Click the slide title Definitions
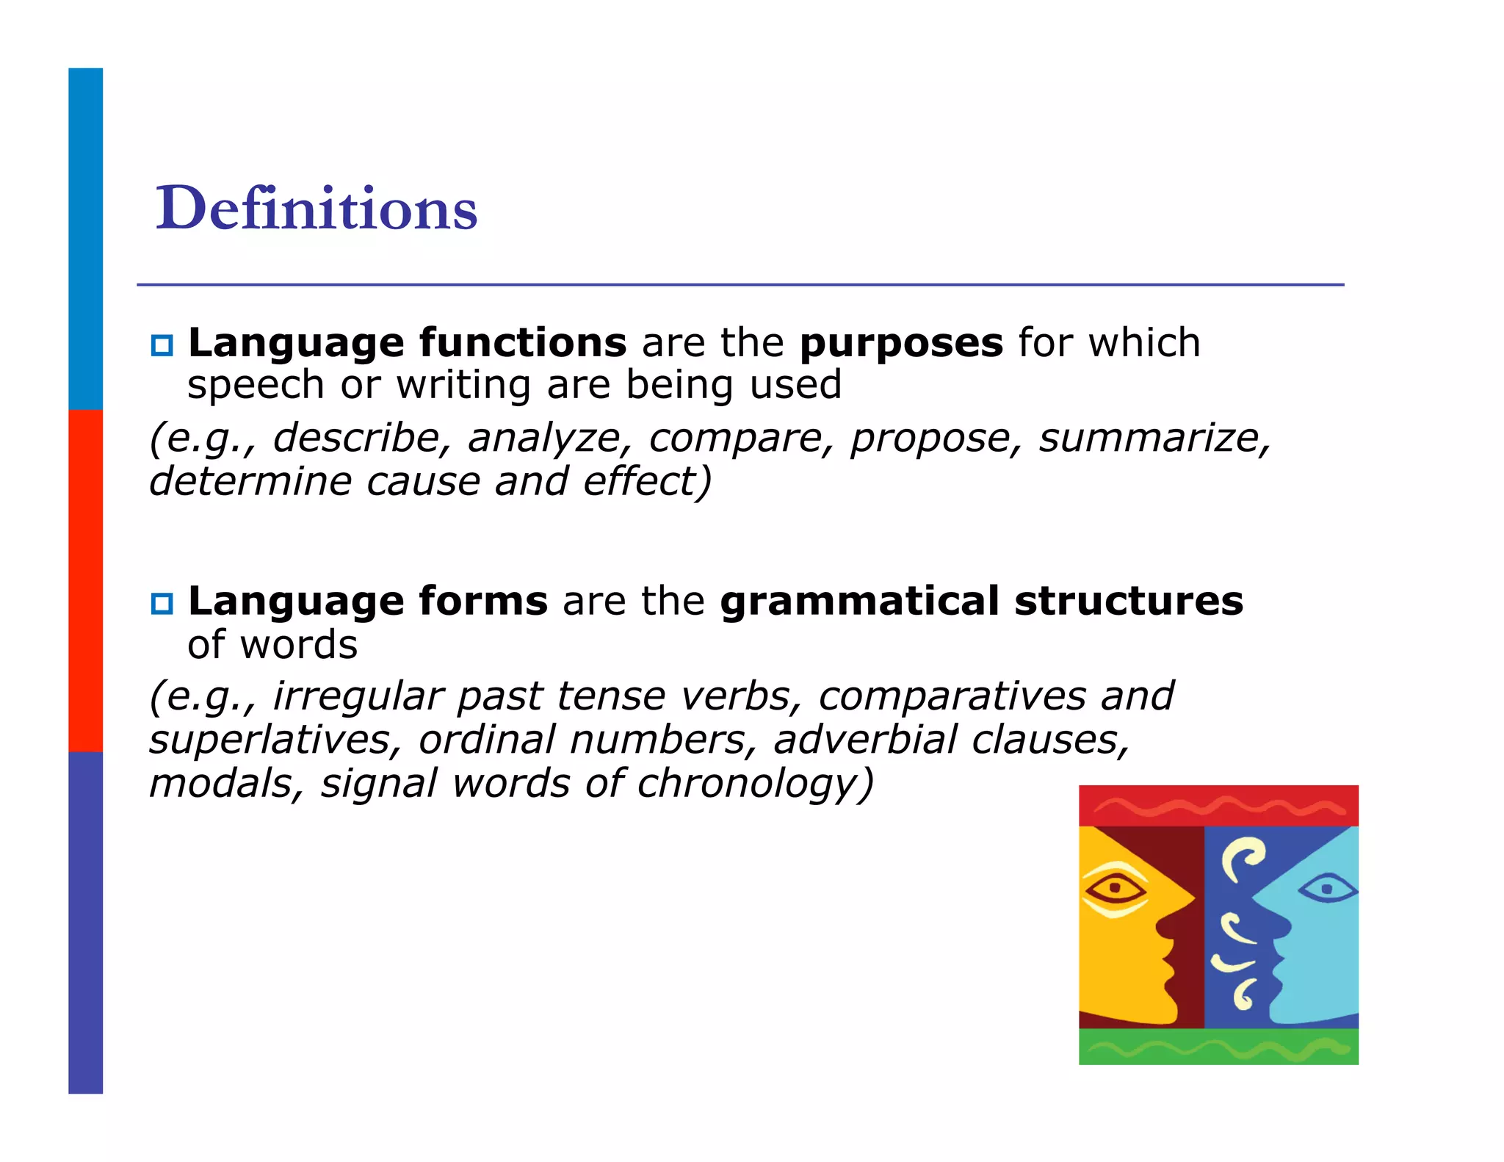tap(317, 209)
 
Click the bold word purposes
tap(901, 343)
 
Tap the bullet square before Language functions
tap(162, 344)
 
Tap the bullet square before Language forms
tap(162, 603)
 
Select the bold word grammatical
tap(858, 602)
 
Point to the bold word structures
tap(1129, 602)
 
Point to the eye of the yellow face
tap(1116, 889)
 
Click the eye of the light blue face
tap(1326, 889)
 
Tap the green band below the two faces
tap(1218, 1046)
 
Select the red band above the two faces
tap(1218, 806)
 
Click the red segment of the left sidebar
tap(86, 580)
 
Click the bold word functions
tap(523, 343)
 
